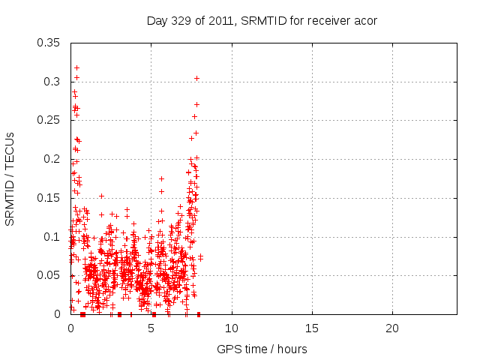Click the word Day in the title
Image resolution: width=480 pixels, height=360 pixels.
pyautogui.click(x=156, y=21)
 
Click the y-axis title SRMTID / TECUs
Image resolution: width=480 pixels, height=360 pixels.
pyautogui.click(x=10, y=178)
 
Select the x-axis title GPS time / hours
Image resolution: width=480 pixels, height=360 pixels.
pyautogui.click(x=262, y=349)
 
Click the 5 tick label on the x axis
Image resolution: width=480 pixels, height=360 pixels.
pyautogui.click(x=151, y=328)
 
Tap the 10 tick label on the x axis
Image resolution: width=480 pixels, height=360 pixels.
pyautogui.click(x=232, y=328)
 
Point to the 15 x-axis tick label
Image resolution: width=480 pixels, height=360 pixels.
pyautogui.click(x=312, y=328)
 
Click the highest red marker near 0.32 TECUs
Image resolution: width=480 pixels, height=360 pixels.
pyautogui.click(x=76, y=67)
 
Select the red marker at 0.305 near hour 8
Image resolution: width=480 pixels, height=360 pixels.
pyautogui.click(x=196, y=78)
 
